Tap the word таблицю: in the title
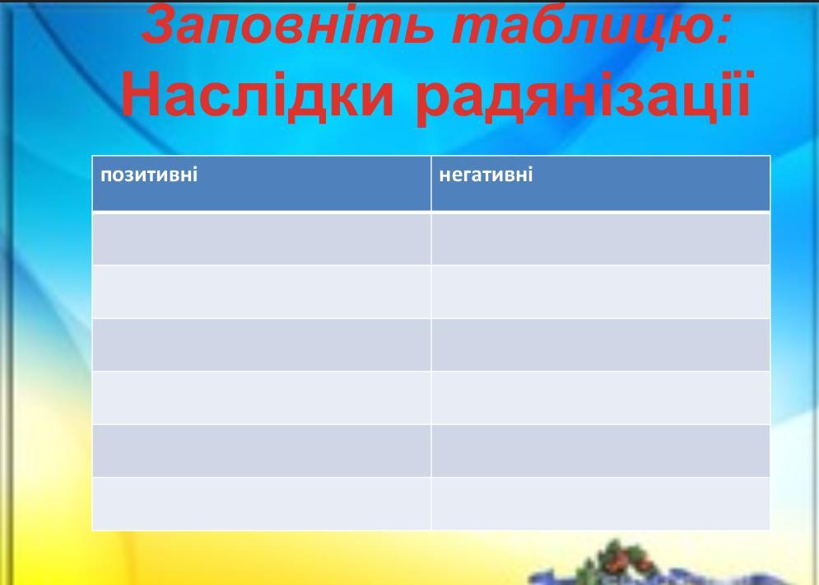pyautogui.click(x=589, y=24)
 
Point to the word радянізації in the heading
pyautogui.click(x=584, y=96)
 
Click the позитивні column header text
pyautogui.click(x=149, y=174)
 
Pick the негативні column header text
pyautogui.click(x=486, y=174)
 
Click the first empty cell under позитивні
pyautogui.click(x=262, y=239)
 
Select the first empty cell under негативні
pyautogui.click(x=601, y=239)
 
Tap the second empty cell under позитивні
pyautogui.click(x=262, y=292)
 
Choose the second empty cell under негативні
pyautogui.click(x=601, y=292)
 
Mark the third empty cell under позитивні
pyautogui.click(x=262, y=345)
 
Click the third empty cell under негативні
pyautogui.click(x=601, y=345)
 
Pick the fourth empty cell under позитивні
pyautogui.click(x=262, y=398)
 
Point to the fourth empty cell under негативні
pyautogui.click(x=601, y=398)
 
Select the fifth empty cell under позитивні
pyautogui.click(x=262, y=451)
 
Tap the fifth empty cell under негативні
pyautogui.click(x=601, y=451)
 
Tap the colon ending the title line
pyautogui.click(x=723, y=30)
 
